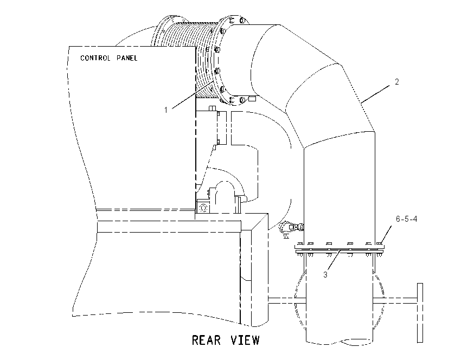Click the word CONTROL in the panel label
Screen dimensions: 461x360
click(x=95, y=58)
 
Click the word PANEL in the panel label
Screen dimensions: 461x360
click(x=127, y=58)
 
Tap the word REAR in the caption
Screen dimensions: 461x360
click(x=206, y=340)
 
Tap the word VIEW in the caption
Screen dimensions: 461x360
click(x=245, y=340)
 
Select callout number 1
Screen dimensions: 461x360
click(x=166, y=110)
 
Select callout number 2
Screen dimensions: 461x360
click(x=396, y=82)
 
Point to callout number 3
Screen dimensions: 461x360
click(x=325, y=274)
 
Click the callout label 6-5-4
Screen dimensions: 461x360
click(x=406, y=219)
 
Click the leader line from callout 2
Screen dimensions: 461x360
click(x=376, y=94)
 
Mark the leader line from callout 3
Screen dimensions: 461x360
click(x=334, y=260)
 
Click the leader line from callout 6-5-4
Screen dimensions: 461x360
click(x=386, y=235)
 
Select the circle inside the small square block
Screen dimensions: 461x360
click(x=203, y=208)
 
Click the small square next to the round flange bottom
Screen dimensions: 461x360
click(x=252, y=99)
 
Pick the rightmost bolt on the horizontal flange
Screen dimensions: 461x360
click(x=380, y=243)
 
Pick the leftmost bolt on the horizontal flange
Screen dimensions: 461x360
click(x=300, y=243)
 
